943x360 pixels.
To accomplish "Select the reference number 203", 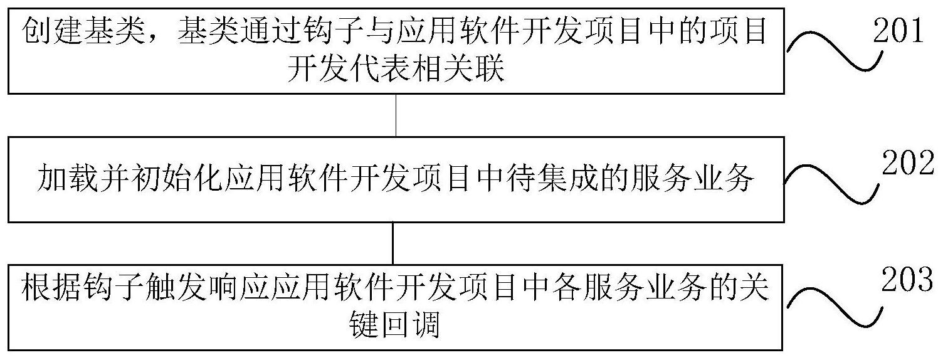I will (907, 280).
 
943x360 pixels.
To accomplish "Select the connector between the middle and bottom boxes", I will (393, 243).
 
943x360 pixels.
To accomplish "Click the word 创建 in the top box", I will (53, 31).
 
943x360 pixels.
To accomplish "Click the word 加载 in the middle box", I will (68, 180).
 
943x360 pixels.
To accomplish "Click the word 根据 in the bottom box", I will (51, 290).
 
